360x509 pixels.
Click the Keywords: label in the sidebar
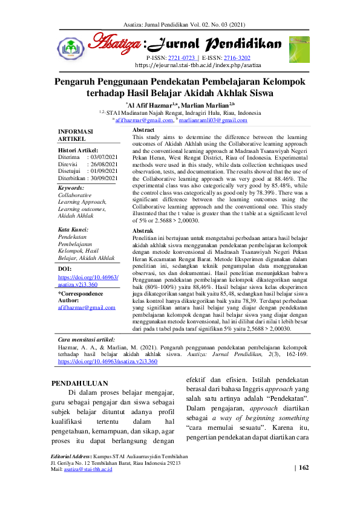click(71, 188)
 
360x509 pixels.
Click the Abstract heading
click(143, 130)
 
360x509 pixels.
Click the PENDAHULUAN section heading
click(80, 383)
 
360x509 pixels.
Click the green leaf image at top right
click(298, 48)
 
